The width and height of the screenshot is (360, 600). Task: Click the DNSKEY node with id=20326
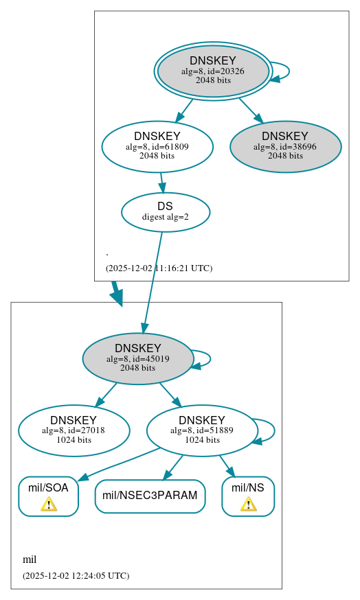[x=213, y=71]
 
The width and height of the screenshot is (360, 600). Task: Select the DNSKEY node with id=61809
[x=157, y=146]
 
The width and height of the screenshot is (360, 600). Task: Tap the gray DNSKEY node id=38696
[x=285, y=146]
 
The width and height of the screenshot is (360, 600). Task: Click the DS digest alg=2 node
[x=165, y=212]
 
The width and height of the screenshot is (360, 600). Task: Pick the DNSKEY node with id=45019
[x=137, y=358]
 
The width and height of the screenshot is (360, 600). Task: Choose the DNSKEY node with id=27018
[x=74, y=430]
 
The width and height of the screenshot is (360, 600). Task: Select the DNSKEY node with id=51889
[x=201, y=430]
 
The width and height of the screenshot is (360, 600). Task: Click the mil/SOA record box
[x=48, y=496]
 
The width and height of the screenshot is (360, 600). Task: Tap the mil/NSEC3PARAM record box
[x=150, y=496]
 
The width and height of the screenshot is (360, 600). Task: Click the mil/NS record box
[x=248, y=496]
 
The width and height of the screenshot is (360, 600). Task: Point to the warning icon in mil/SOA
[x=48, y=505]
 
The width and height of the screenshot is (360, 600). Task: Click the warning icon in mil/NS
[x=248, y=505]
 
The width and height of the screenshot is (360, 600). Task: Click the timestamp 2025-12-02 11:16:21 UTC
[x=159, y=268]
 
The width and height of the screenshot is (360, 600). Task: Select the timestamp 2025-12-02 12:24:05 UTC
[x=76, y=575]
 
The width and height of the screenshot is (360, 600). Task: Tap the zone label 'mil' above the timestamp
[x=30, y=559]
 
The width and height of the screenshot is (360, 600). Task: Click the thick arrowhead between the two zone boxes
[x=117, y=297]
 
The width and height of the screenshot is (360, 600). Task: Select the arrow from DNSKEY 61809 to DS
[x=162, y=182]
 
